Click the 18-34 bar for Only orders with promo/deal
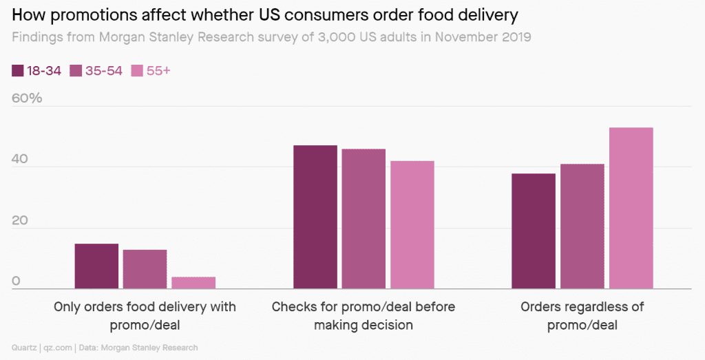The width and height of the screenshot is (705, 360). tap(96, 266)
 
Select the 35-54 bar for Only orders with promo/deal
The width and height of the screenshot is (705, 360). tap(145, 269)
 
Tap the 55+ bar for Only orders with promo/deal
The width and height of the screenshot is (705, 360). tap(193, 283)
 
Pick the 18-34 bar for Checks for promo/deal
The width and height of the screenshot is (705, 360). tap(315, 217)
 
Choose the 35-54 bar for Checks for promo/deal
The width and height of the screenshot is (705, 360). tap(364, 219)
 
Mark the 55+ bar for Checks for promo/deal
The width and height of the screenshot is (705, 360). tap(412, 225)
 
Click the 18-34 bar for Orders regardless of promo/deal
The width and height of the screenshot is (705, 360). tap(534, 231)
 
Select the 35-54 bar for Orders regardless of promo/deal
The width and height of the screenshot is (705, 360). tap(582, 226)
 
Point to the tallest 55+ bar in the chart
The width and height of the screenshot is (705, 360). tap(631, 208)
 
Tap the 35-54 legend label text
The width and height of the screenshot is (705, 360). tap(104, 70)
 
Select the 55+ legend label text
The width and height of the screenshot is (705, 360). tap(158, 70)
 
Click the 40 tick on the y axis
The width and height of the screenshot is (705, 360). tap(20, 159)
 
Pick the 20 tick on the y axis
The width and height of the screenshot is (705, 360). tap(20, 220)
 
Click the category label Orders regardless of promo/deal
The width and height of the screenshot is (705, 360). tap(582, 315)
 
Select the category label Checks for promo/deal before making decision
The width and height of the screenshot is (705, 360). tap(364, 315)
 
